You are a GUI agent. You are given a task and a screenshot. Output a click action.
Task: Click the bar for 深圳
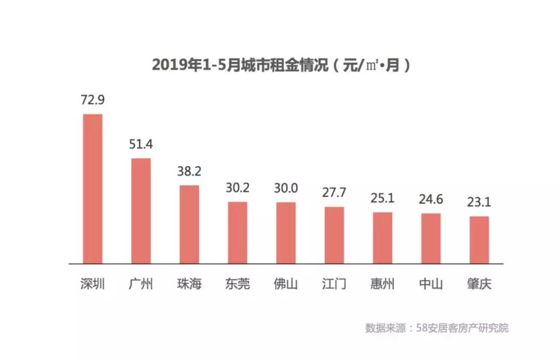[93, 189]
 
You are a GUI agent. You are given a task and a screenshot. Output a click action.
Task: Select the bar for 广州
[141, 211]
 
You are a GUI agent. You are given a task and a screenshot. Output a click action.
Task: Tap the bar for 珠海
[189, 225]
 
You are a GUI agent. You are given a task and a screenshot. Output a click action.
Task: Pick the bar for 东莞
[237, 233]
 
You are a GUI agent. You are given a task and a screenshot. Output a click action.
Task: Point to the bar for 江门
[334, 236]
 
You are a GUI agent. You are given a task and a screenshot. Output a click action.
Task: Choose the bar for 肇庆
[479, 240]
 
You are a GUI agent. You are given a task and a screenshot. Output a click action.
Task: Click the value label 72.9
[93, 100]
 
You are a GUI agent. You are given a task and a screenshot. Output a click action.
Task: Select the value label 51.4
[141, 144]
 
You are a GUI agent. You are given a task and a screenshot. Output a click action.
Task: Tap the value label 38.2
[189, 171]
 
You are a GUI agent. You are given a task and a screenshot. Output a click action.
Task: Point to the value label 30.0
[286, 188]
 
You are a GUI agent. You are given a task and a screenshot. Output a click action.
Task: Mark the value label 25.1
[383, 198]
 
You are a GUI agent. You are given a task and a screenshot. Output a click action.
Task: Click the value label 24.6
[431, 199]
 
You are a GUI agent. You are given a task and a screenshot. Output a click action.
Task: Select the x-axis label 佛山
[286, 284]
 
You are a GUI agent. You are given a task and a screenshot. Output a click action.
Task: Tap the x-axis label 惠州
[383, 284]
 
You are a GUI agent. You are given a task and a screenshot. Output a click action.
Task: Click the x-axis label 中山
[431, 284]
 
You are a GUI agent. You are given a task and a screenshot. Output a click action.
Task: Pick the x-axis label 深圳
[93, 284]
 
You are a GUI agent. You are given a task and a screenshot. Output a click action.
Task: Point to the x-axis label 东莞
[237, 284]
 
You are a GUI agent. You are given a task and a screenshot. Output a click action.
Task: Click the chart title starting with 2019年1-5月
[281, 66]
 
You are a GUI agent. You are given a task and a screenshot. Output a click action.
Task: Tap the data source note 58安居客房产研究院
[437, 328]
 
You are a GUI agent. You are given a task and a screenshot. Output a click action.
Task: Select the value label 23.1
[479, 202]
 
